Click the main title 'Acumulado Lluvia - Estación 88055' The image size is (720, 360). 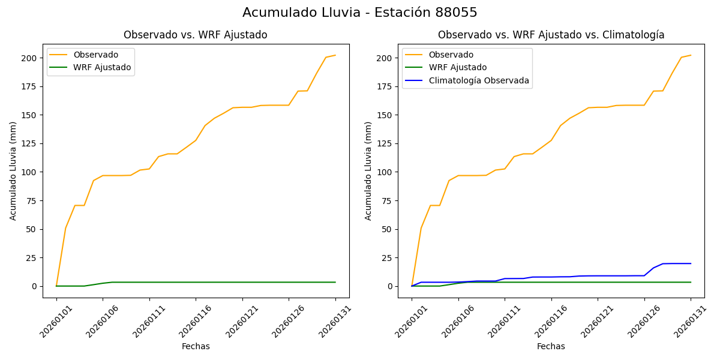[x=360, y=13]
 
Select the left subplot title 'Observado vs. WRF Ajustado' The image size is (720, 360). [x=196, y=35]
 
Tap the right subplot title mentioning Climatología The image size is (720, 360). [x=551, y=35]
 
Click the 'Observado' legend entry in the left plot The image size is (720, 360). [x=96, y=55]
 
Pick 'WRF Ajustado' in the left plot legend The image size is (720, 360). [x=102, y=67]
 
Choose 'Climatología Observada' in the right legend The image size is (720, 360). [x=479, y=80]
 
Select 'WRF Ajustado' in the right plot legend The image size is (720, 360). [x=457, y=67]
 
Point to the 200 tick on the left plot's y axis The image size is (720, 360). [x=29, y=58]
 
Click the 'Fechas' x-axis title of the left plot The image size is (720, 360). [x=196, y=346]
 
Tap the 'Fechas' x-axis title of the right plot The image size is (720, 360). [x=551, y=346]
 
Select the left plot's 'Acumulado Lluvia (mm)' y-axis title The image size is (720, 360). [x=13, y=171]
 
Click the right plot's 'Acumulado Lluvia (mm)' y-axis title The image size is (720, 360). [x=368, y=171]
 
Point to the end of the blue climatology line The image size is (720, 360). [x=691, y=263]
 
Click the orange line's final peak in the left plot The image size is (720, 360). [x=335, y=55]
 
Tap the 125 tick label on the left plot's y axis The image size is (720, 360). [x=29, y=143]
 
